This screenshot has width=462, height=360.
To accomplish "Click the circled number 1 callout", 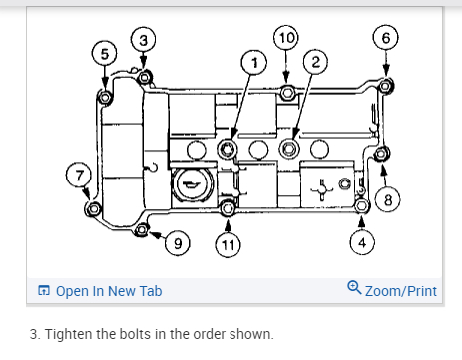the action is [254, 62].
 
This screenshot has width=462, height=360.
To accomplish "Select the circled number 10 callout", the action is [286, 38].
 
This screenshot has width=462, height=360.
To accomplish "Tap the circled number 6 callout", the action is [386, 37].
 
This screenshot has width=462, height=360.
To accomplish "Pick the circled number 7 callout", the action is [79, 175].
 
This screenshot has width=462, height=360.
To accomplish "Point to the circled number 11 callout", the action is [228, 245].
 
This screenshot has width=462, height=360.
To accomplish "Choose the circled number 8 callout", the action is [388, 200].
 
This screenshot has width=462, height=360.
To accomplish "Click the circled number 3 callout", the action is [143, 40].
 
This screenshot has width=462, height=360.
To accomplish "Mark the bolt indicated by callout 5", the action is [105, 98].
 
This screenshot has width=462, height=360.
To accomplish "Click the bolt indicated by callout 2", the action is [289, 149].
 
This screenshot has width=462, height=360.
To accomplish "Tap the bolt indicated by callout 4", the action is [362, 206].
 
